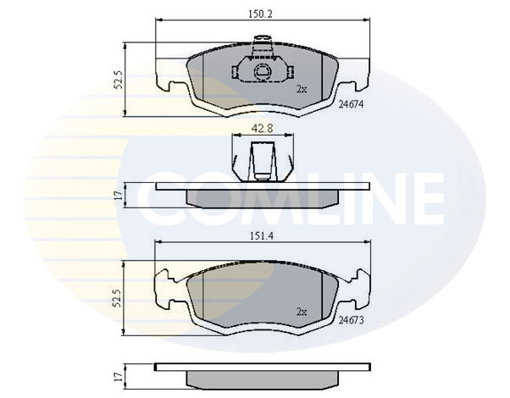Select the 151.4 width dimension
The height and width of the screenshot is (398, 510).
click(x=260, y=237)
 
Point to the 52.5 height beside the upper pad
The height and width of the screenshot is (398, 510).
click(x=119, y=80)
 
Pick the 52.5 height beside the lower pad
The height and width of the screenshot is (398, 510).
click(x=119, y=300)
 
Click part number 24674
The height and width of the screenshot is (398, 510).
click(x=352, y=104)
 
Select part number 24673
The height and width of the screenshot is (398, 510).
click(x=352, y=321)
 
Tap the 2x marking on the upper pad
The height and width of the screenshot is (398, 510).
click(x=301, y=88)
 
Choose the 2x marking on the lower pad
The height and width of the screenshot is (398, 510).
click(x=301, y=310)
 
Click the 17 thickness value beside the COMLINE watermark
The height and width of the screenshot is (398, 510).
click(x=119, y=195)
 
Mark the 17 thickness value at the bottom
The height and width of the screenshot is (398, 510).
click(x=119, y=373)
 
